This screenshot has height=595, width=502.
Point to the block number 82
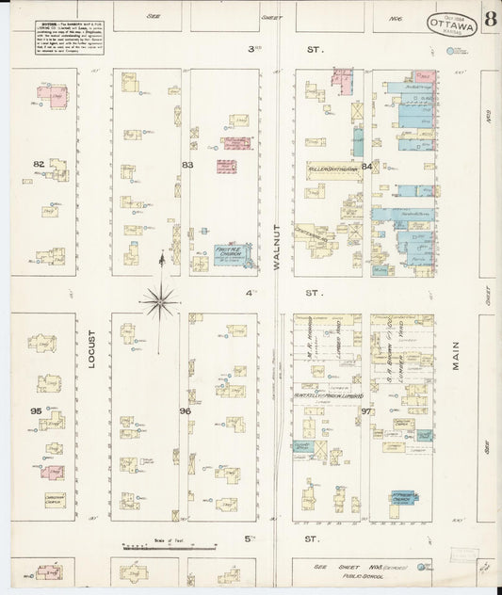tap(39, 164)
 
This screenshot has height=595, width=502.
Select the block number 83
tap(187, 166)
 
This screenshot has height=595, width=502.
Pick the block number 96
tap(186, 411)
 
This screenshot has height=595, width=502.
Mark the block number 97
tap(366, 411)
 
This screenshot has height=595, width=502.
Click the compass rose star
tap(162, 300)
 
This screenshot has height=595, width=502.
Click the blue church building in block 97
tap(403, 498)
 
